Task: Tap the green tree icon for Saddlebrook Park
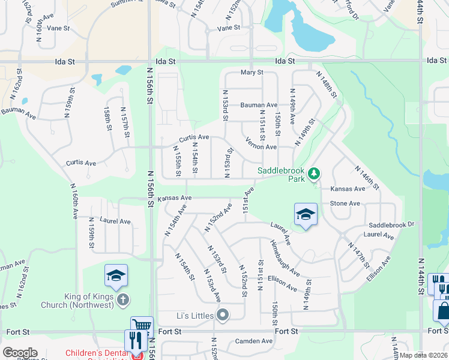click(x=313, y=174)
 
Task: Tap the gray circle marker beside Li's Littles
click(x=223, y=314)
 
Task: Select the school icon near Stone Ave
click(x=306, y=214)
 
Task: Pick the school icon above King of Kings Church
click(x=116, y=275)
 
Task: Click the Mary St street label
click(x=252, y=73)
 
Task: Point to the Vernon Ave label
click(x=261, y=143)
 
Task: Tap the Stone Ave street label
click(x=345, y=203)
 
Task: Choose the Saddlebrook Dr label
click(x=392, y=224)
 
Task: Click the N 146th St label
click(x=368, y=177)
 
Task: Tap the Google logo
click(x=20, y=353)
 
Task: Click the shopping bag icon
click(x=443, y=310)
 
